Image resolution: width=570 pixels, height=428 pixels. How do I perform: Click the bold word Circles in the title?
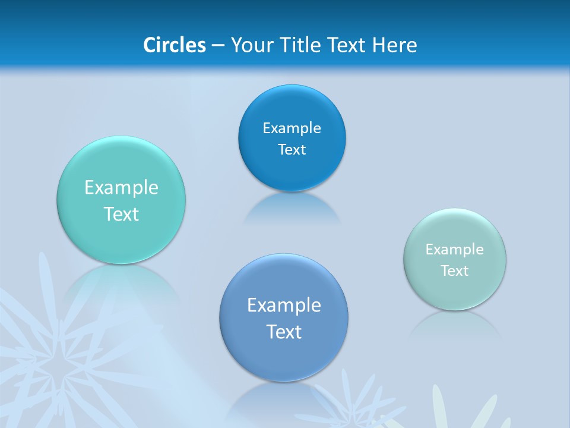tap(174, 45)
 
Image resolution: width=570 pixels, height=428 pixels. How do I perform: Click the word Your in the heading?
tap(251, 45)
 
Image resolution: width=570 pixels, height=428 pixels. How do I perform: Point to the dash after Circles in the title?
tap(218, 46)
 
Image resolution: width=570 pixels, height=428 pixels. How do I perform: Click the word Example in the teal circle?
tap(121, 188)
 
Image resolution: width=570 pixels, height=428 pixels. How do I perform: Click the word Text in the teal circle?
tap(121, 214)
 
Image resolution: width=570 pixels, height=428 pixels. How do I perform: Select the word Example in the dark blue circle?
tap(292, 128)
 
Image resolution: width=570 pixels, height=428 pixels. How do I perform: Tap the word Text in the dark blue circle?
tap(292, 150)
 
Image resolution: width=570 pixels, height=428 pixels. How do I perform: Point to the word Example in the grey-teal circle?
tap(455, 250)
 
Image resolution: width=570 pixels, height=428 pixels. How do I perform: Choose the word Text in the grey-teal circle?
tap(455, 271)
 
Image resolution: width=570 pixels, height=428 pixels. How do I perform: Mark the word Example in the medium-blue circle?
tap(284, 306)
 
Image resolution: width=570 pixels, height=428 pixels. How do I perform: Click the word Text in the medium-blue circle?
tap(284, 332)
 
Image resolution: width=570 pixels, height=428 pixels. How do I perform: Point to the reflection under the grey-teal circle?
tap(455, 324)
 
